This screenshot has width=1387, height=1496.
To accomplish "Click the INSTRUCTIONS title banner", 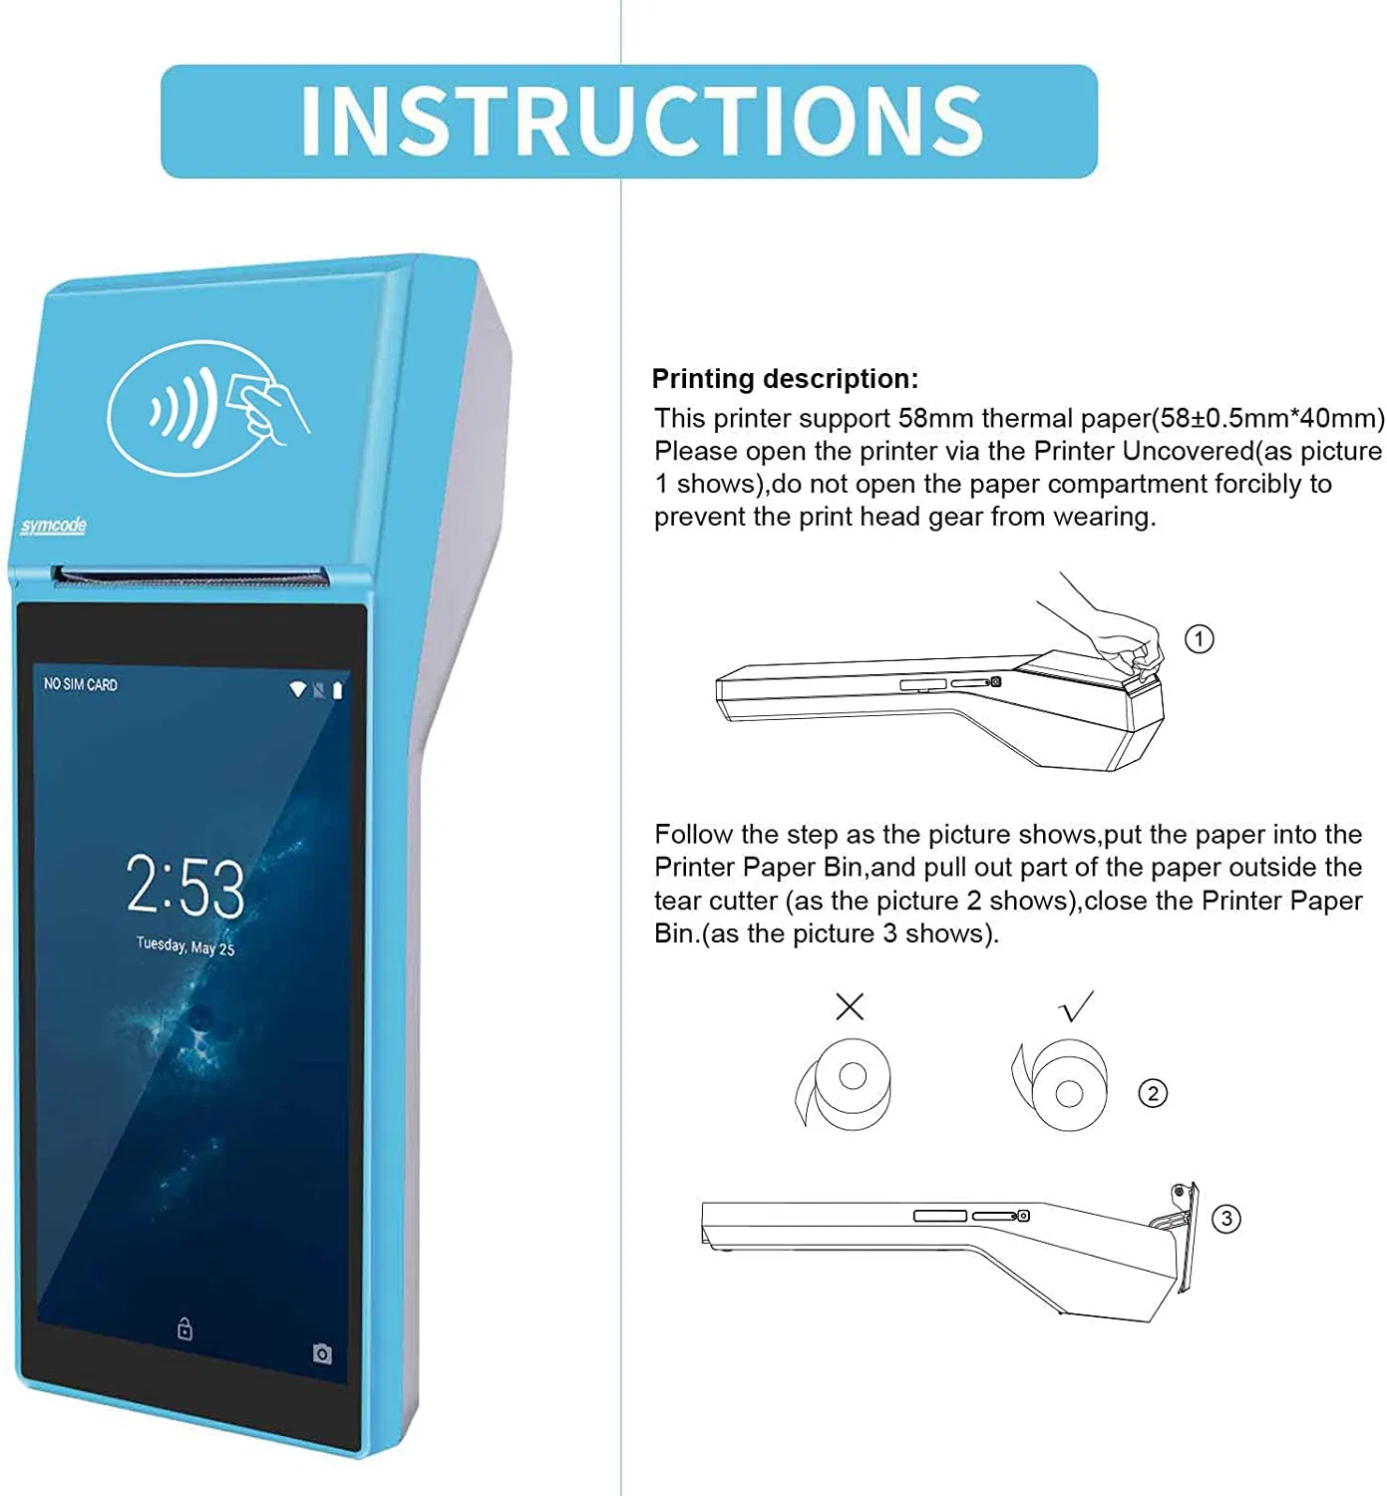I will (629, 122).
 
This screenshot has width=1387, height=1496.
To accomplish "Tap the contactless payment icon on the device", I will (207, 407).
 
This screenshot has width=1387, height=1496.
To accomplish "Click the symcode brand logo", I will (54, 526).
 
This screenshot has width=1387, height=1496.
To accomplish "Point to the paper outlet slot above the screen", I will (189, 576).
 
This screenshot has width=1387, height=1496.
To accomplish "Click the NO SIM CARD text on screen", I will (81, 684).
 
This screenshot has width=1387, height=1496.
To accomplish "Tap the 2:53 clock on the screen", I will (185, 886).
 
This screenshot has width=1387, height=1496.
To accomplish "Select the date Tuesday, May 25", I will (185, 945).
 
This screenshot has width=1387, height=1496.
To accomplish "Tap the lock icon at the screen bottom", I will (184, 1328).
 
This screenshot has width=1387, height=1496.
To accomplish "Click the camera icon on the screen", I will (322, 1353).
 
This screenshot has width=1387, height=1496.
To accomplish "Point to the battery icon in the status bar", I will (338, 690).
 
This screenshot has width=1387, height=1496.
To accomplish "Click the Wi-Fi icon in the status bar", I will (297, 689).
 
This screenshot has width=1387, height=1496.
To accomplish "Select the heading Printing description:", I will (785, 379).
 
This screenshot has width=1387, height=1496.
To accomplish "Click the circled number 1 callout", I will (1199, 638).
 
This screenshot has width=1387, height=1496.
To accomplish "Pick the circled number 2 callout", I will (1153, 1093).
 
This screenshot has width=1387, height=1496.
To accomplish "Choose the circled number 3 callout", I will (1225, 1219).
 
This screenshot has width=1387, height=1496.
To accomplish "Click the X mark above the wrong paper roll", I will (850, 1006).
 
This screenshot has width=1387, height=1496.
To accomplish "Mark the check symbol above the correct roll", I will (1077, 1006).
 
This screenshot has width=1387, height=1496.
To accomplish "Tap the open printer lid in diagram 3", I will (1185, 1237).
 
